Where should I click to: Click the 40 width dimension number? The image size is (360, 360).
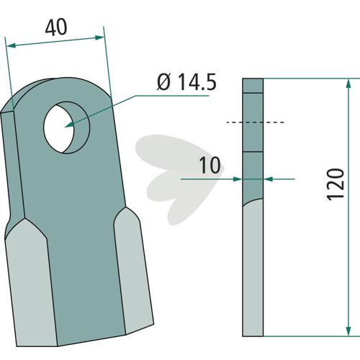[56, 28]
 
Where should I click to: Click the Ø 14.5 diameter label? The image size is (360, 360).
[186, 82]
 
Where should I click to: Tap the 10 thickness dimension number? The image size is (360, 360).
[210, 165]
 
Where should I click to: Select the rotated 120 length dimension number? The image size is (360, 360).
[336, 184]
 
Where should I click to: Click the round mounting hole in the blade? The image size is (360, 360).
[66, 127]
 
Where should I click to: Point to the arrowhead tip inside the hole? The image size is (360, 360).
[66, 126]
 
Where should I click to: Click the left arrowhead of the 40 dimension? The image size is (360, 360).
[11, 45]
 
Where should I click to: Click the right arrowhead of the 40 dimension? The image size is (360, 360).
[100, 37]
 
